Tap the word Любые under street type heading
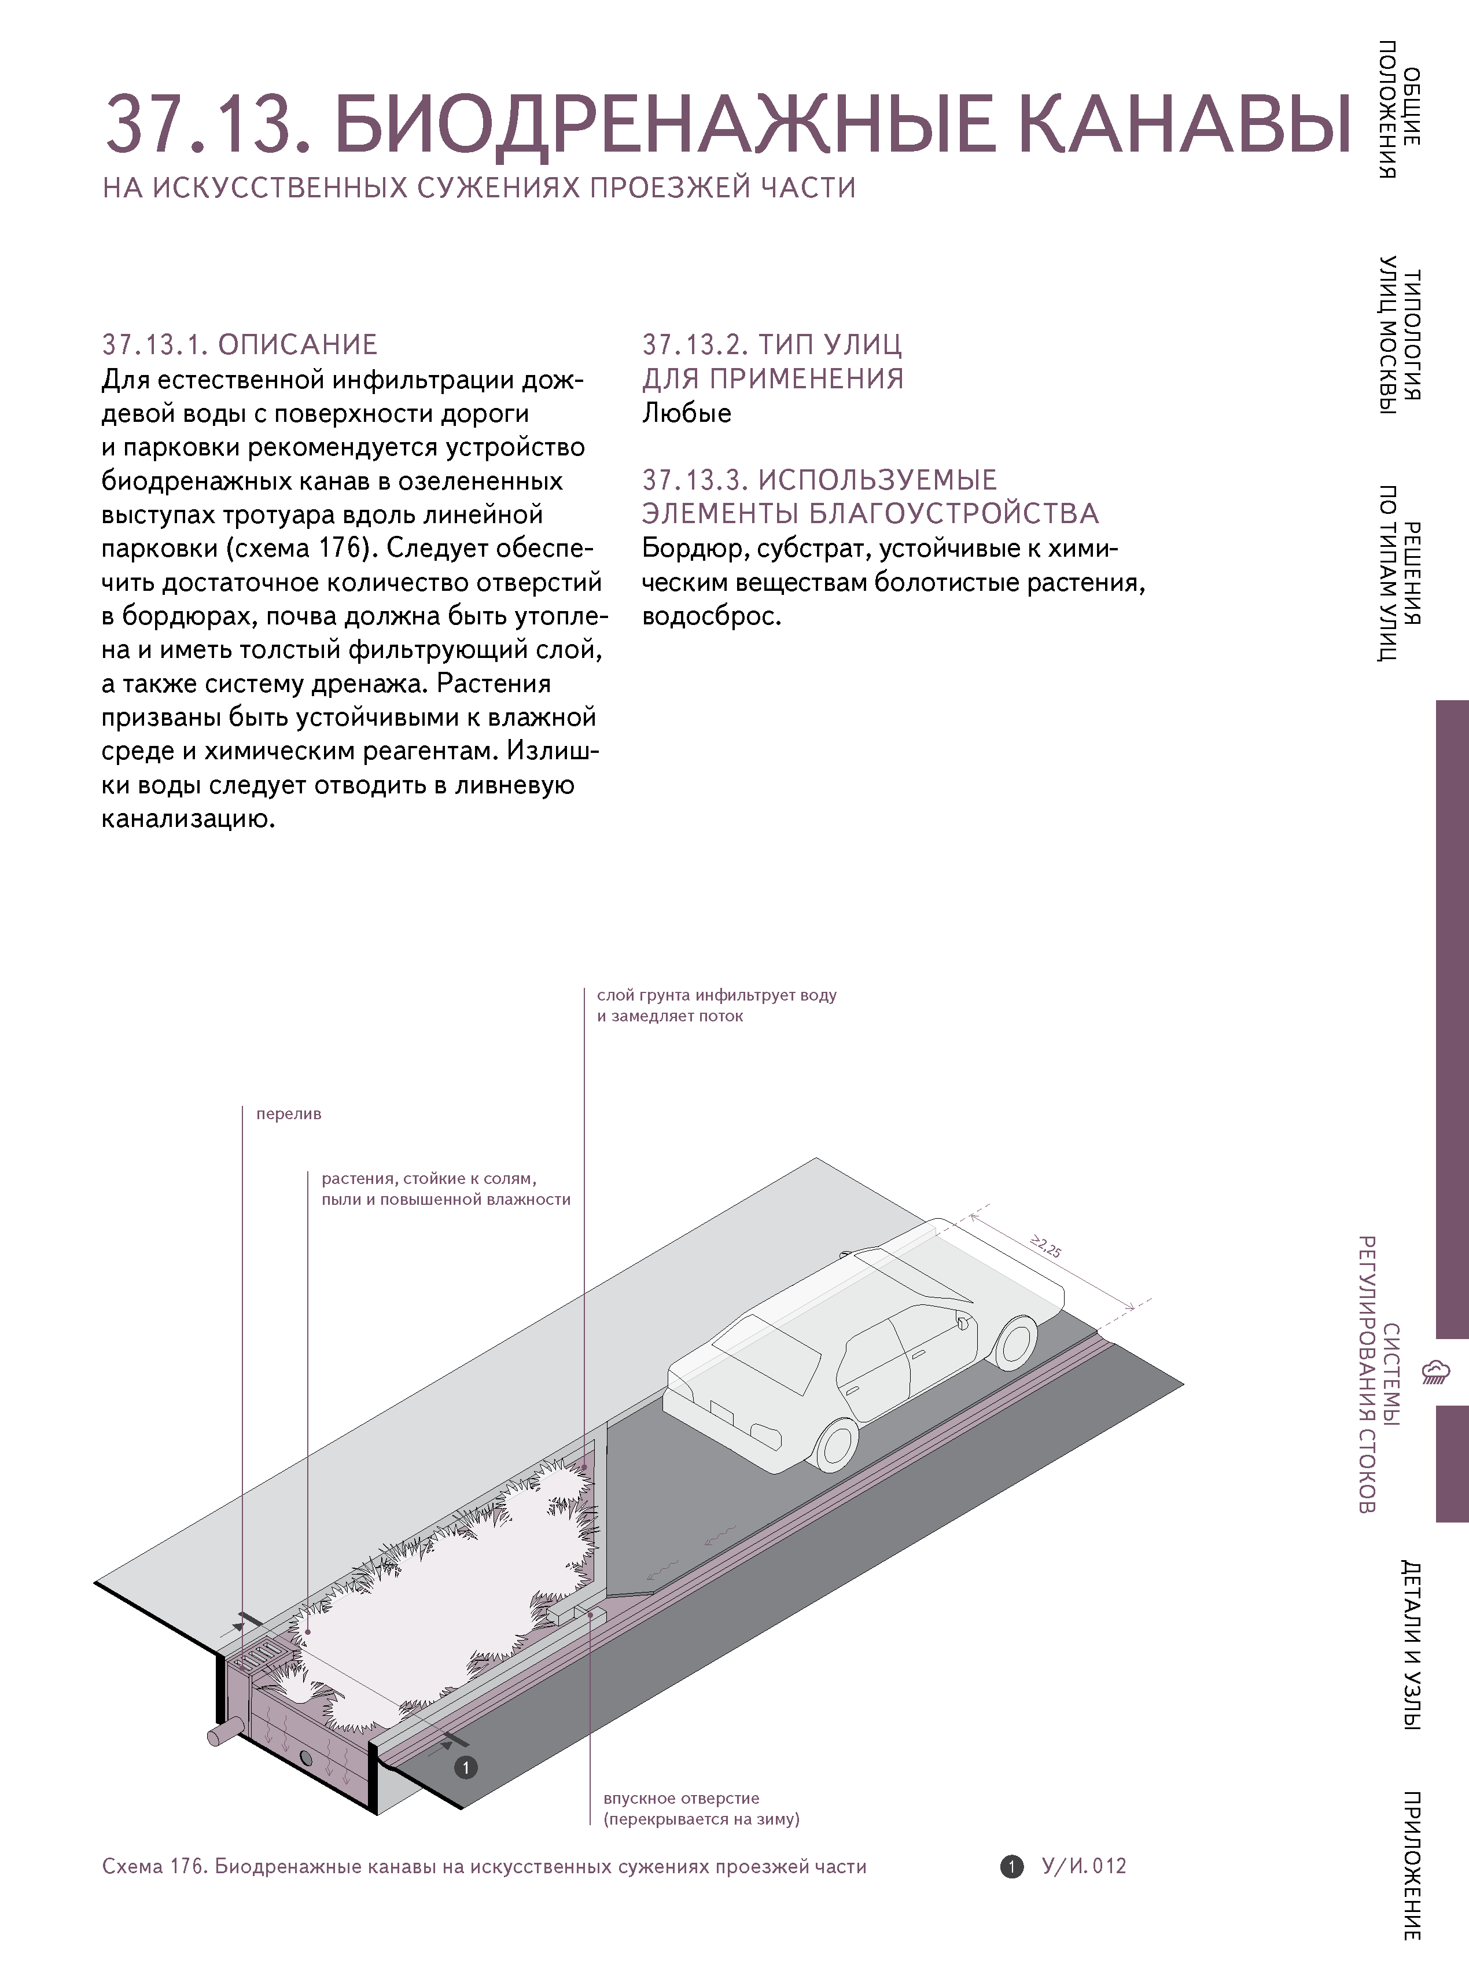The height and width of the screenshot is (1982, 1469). click(x=687, y=414)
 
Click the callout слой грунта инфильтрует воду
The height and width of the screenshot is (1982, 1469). click(x=716, y=996)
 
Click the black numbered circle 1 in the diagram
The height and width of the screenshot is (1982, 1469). click(x=465, y=1768)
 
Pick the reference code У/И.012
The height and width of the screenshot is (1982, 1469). click(x=1083, y=1866)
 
